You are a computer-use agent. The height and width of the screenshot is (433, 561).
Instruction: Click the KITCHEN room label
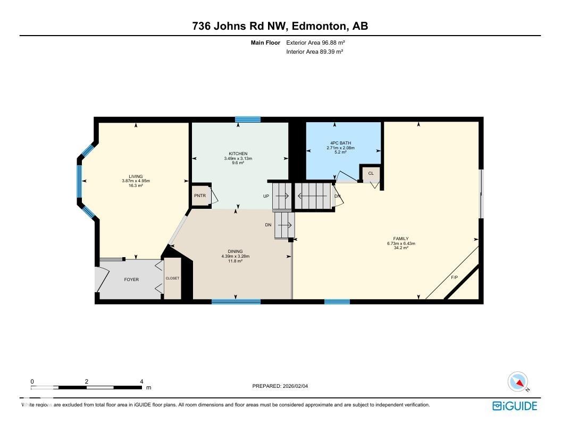pos(238,154)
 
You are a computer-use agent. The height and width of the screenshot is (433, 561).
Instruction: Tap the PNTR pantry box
pos(199,196)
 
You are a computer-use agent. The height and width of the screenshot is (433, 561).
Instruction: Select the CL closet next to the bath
pos(371,173)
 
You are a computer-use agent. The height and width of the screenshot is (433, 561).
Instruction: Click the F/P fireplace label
pos(454,278)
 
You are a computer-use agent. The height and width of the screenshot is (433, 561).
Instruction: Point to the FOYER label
pos(131,279)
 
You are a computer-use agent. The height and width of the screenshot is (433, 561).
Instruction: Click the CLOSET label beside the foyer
pos(172,278)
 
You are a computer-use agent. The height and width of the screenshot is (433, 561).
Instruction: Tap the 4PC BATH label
pos(340,143)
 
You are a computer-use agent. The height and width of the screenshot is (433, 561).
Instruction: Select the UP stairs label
pos(266,196)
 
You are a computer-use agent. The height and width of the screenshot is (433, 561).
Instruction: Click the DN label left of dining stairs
pos(268,225)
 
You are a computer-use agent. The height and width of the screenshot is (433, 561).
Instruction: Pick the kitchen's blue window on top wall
pos(248,120)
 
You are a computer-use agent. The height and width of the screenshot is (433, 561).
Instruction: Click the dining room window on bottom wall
pos(236,302)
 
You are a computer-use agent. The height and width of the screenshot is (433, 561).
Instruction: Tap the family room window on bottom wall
pos(337,302)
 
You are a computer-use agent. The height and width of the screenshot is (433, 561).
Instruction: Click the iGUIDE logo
pos(514,406)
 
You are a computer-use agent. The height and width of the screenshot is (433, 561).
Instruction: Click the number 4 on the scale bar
pos(141,381)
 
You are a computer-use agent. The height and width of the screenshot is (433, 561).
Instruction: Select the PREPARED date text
pos(280,386)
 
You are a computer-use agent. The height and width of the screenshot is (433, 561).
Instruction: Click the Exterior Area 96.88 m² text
pos(312,43)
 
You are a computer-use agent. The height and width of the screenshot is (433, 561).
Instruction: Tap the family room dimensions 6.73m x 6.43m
pos(401,243)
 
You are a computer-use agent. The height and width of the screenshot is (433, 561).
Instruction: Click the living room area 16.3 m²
pos(136,186)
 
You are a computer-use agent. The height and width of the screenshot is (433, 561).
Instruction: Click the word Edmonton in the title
pos(318,26)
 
